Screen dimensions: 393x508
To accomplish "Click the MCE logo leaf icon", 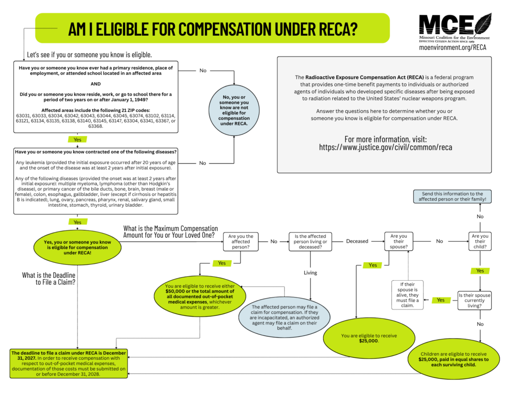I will tap(482, 24).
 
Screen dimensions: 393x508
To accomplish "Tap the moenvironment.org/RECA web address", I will tap(453, 48).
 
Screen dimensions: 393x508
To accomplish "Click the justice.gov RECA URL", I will tap(385, 148).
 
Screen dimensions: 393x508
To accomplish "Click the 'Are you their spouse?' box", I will tap(399, 241).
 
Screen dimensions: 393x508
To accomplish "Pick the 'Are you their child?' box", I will tap(480, 241).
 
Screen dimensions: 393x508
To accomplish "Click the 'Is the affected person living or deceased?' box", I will tap(311, 241).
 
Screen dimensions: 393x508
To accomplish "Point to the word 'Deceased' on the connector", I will tap(357, 241).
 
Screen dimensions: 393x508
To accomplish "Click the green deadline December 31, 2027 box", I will tap(69, 363).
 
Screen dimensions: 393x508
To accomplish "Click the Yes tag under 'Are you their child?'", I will tap(480, 271).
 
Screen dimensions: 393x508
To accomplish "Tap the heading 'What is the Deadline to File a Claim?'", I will tap(49, 279).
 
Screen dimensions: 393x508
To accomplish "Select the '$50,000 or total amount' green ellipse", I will tap(200, 297).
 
